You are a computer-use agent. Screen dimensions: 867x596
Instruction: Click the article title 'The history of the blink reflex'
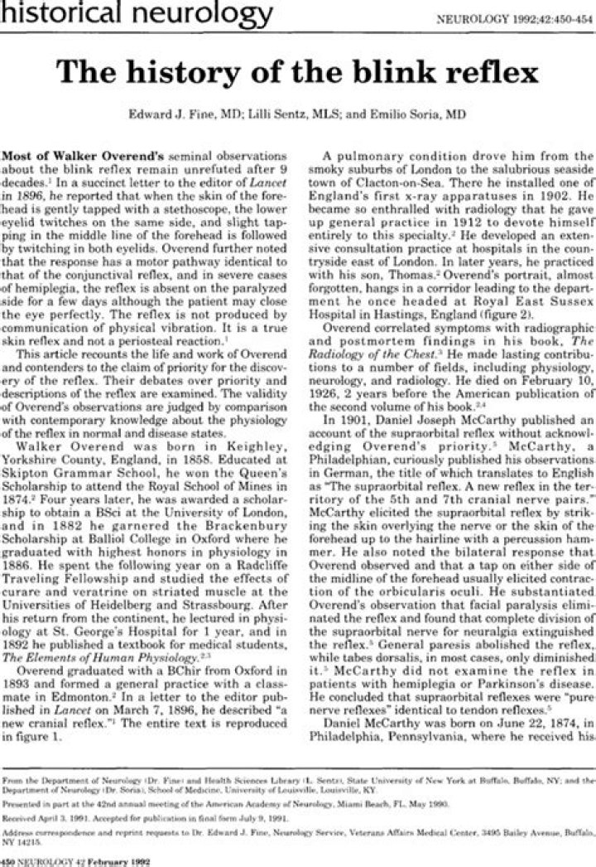(x=298, y=72)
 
